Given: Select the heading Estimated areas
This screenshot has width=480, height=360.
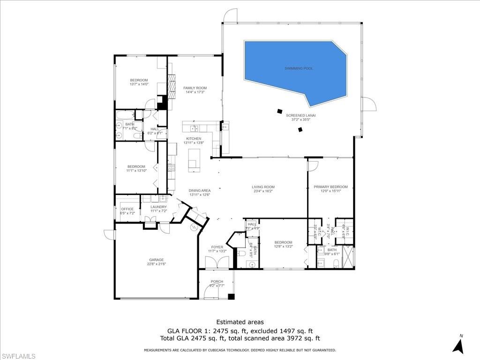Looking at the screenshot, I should [x=240, y=322].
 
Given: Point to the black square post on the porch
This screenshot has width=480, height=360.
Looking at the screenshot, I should [x=231, y=296].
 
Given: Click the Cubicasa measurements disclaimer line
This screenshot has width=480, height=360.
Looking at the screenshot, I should [x=240, y=350].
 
